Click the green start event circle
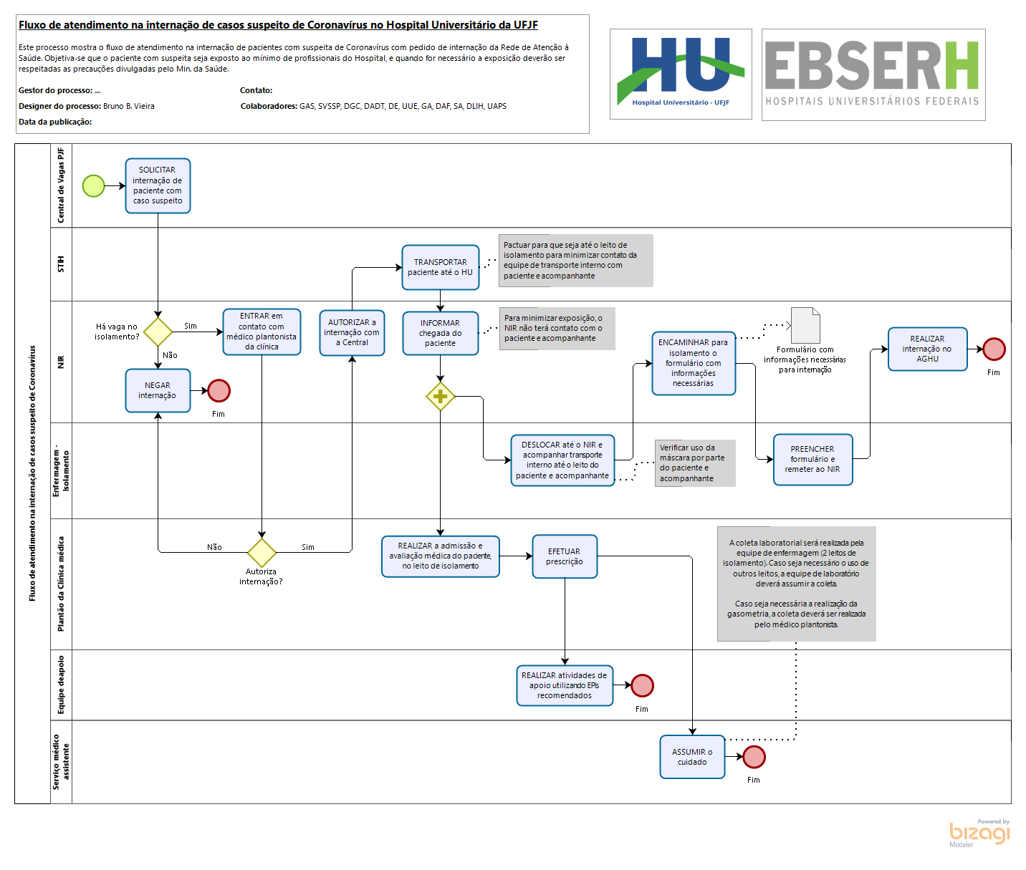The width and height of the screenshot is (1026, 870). click(93, 186)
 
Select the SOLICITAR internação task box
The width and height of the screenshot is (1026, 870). click(158, 186)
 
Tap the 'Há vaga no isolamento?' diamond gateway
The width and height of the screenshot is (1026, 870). click(158, 332)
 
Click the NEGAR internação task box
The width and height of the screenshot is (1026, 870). click(158, 390)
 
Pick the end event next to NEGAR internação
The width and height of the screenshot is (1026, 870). click(219, 390)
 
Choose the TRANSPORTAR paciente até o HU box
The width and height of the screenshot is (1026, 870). click(441, 268)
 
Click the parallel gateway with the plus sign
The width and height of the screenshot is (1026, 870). click(440, 396)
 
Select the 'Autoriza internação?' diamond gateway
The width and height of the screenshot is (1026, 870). click(262, 552)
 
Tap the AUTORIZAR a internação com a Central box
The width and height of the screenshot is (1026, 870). click(352, 333)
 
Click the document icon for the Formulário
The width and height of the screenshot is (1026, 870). click(805, 326)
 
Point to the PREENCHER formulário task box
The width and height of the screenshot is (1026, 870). click(812, 460)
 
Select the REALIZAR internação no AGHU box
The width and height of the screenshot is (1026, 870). click(927, 349)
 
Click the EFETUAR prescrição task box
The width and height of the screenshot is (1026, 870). click(565, 556)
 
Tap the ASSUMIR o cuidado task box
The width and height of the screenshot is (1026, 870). click(692, 757)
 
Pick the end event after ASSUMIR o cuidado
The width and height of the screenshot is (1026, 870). click(754, 757)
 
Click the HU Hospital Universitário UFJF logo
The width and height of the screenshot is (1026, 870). click(681, 74)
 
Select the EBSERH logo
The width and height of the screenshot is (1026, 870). click(873, 74)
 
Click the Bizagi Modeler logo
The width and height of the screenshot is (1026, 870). click(979, 833)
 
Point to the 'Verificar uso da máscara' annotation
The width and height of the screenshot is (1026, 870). click(695, 463)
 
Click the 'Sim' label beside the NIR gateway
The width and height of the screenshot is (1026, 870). click(191, 327)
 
